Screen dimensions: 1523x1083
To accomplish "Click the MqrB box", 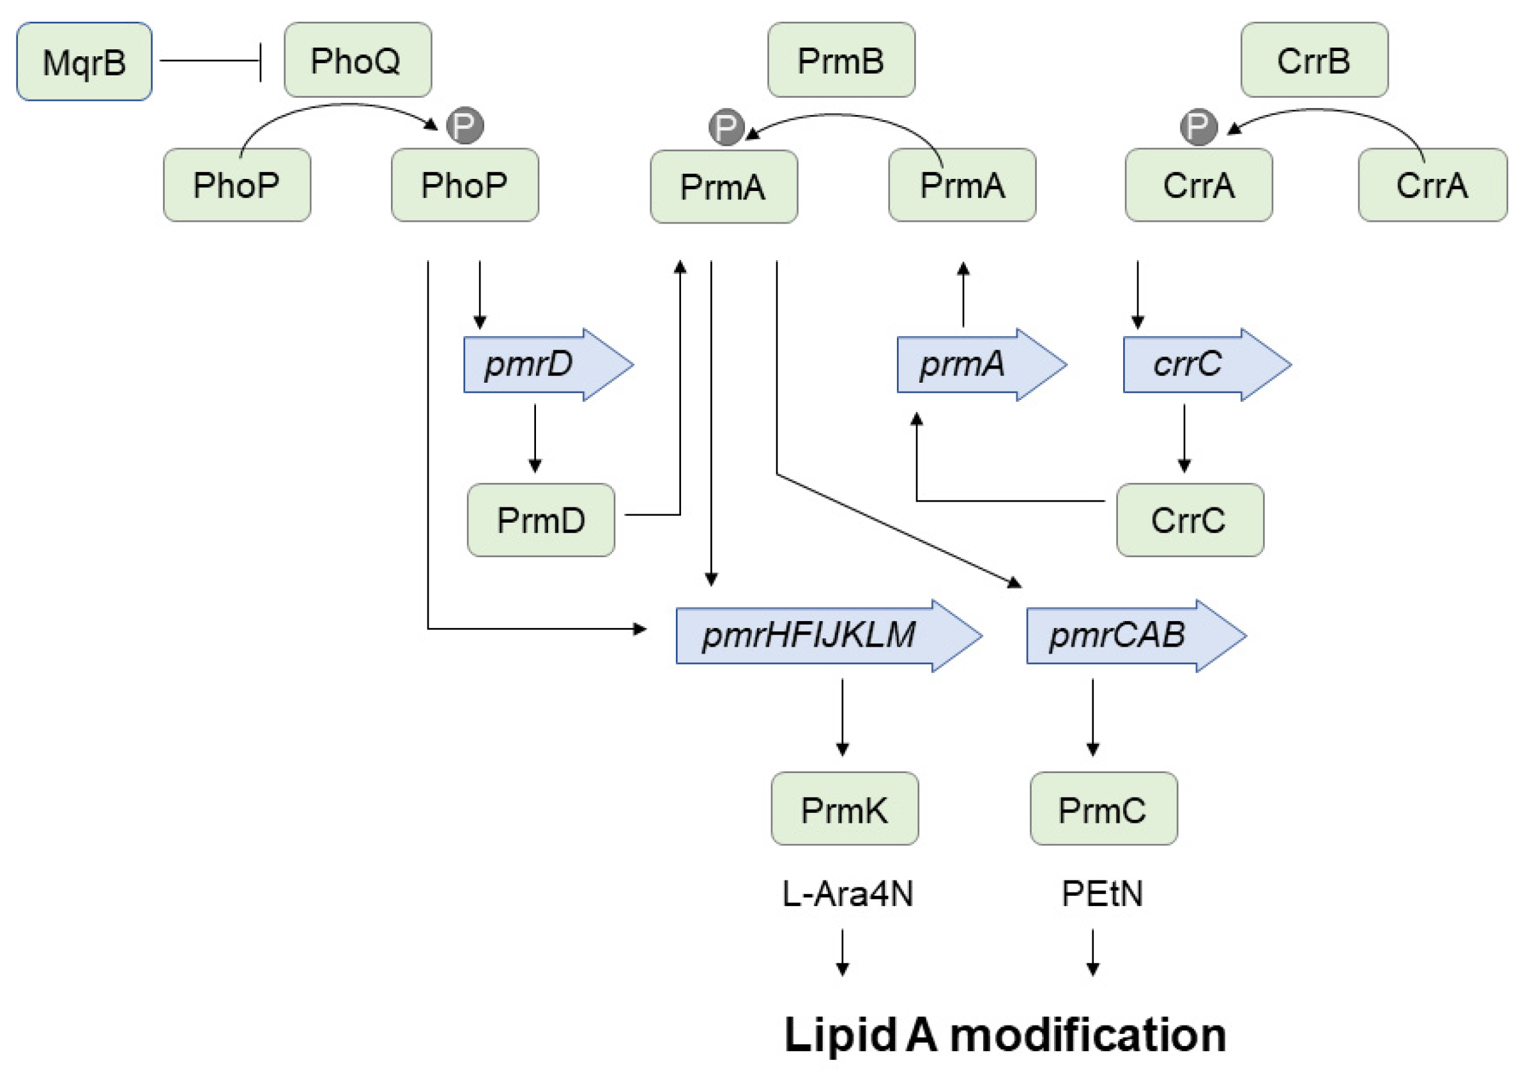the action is (x=84, y=61).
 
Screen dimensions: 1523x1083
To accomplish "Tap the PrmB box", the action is (x=841, y=60).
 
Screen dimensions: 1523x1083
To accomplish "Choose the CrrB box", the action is (x=1314, y=60).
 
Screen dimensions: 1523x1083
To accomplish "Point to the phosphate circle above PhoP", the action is (x=465, y=125).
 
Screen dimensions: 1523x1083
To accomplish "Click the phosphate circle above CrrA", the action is (x=1198, y=127).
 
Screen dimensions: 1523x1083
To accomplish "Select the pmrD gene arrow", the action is (x=548, y=364).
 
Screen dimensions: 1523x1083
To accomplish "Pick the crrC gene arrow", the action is (x=1207, y=364).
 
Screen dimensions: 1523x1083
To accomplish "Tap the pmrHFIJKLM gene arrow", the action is (x=829, y=635).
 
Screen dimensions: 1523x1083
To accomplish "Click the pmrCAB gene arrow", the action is (x=1137, y=635).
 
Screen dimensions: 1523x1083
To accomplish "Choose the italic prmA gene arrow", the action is (x=981, y=364).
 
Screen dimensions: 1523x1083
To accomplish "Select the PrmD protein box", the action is (x=541, y=520).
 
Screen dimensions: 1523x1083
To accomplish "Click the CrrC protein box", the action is (x=1190, y=520).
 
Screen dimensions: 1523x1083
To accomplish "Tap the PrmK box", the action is (x=845, y=808).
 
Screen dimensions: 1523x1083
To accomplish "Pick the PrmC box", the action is (x=1103, y=808).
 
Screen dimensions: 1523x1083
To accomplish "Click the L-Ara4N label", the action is (x=848, y=894).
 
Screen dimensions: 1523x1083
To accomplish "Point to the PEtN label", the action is (x=1102, y=894).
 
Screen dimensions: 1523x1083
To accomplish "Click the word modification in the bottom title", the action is (x=1087, y=1035).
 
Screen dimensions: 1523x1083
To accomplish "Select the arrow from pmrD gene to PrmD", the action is (x=535, y=438).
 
